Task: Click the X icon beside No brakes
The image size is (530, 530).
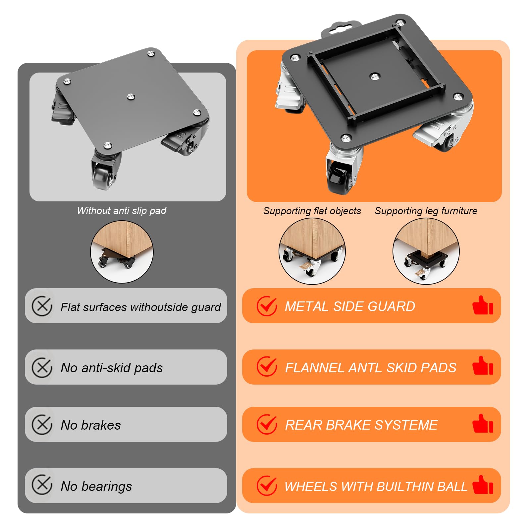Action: point(42,424)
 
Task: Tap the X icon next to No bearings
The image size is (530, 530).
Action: point(42,485)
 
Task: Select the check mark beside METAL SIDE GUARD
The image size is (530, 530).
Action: point(267,306)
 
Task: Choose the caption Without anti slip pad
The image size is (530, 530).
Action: point(122,211)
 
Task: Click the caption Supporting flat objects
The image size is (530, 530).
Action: point(312,211)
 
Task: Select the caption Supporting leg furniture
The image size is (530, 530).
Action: point(426,211)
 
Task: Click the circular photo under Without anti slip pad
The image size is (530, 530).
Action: point(122,252)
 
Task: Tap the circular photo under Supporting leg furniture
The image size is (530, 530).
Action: point(426,251)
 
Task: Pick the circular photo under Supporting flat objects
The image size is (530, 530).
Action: point(312,251)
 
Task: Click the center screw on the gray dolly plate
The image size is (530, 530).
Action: point(131,97)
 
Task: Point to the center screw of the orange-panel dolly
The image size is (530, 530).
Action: point(374,77)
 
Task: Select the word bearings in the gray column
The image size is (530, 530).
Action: point(107,487)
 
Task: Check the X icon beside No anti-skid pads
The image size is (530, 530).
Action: point(42,367)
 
